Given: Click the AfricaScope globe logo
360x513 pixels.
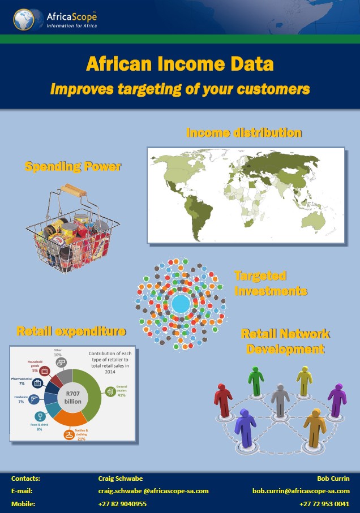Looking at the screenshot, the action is pyautogui.click(x=25, y=19).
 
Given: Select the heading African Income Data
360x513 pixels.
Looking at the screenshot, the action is pyautogui.click(x=179, y=64).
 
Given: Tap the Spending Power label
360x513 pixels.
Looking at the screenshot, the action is pyautogui.click(x=73, y=167).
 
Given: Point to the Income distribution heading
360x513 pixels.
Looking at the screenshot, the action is pyautogui.click(x=244, y=133).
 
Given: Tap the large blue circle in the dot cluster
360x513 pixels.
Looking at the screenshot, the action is pyautogui.click(x=181, y=304).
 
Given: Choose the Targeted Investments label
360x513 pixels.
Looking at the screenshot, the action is pyautogui.click(x=271, y=284).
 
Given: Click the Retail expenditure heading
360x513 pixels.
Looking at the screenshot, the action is pyautogui.click(x=71, y=331).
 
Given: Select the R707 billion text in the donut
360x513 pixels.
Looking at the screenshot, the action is pyautogui.click(x=72, y=397).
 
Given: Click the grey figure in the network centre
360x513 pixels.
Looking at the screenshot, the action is pyautogui.click(x=280, y=399).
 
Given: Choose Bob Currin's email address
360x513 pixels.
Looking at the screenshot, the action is pyautogui.click(x=301, y=491).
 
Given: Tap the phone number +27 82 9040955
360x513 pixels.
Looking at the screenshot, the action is pyautogui.click(x=122, y=503).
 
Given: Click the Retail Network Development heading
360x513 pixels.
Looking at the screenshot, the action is pyautogui.click(x=285, y=342).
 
